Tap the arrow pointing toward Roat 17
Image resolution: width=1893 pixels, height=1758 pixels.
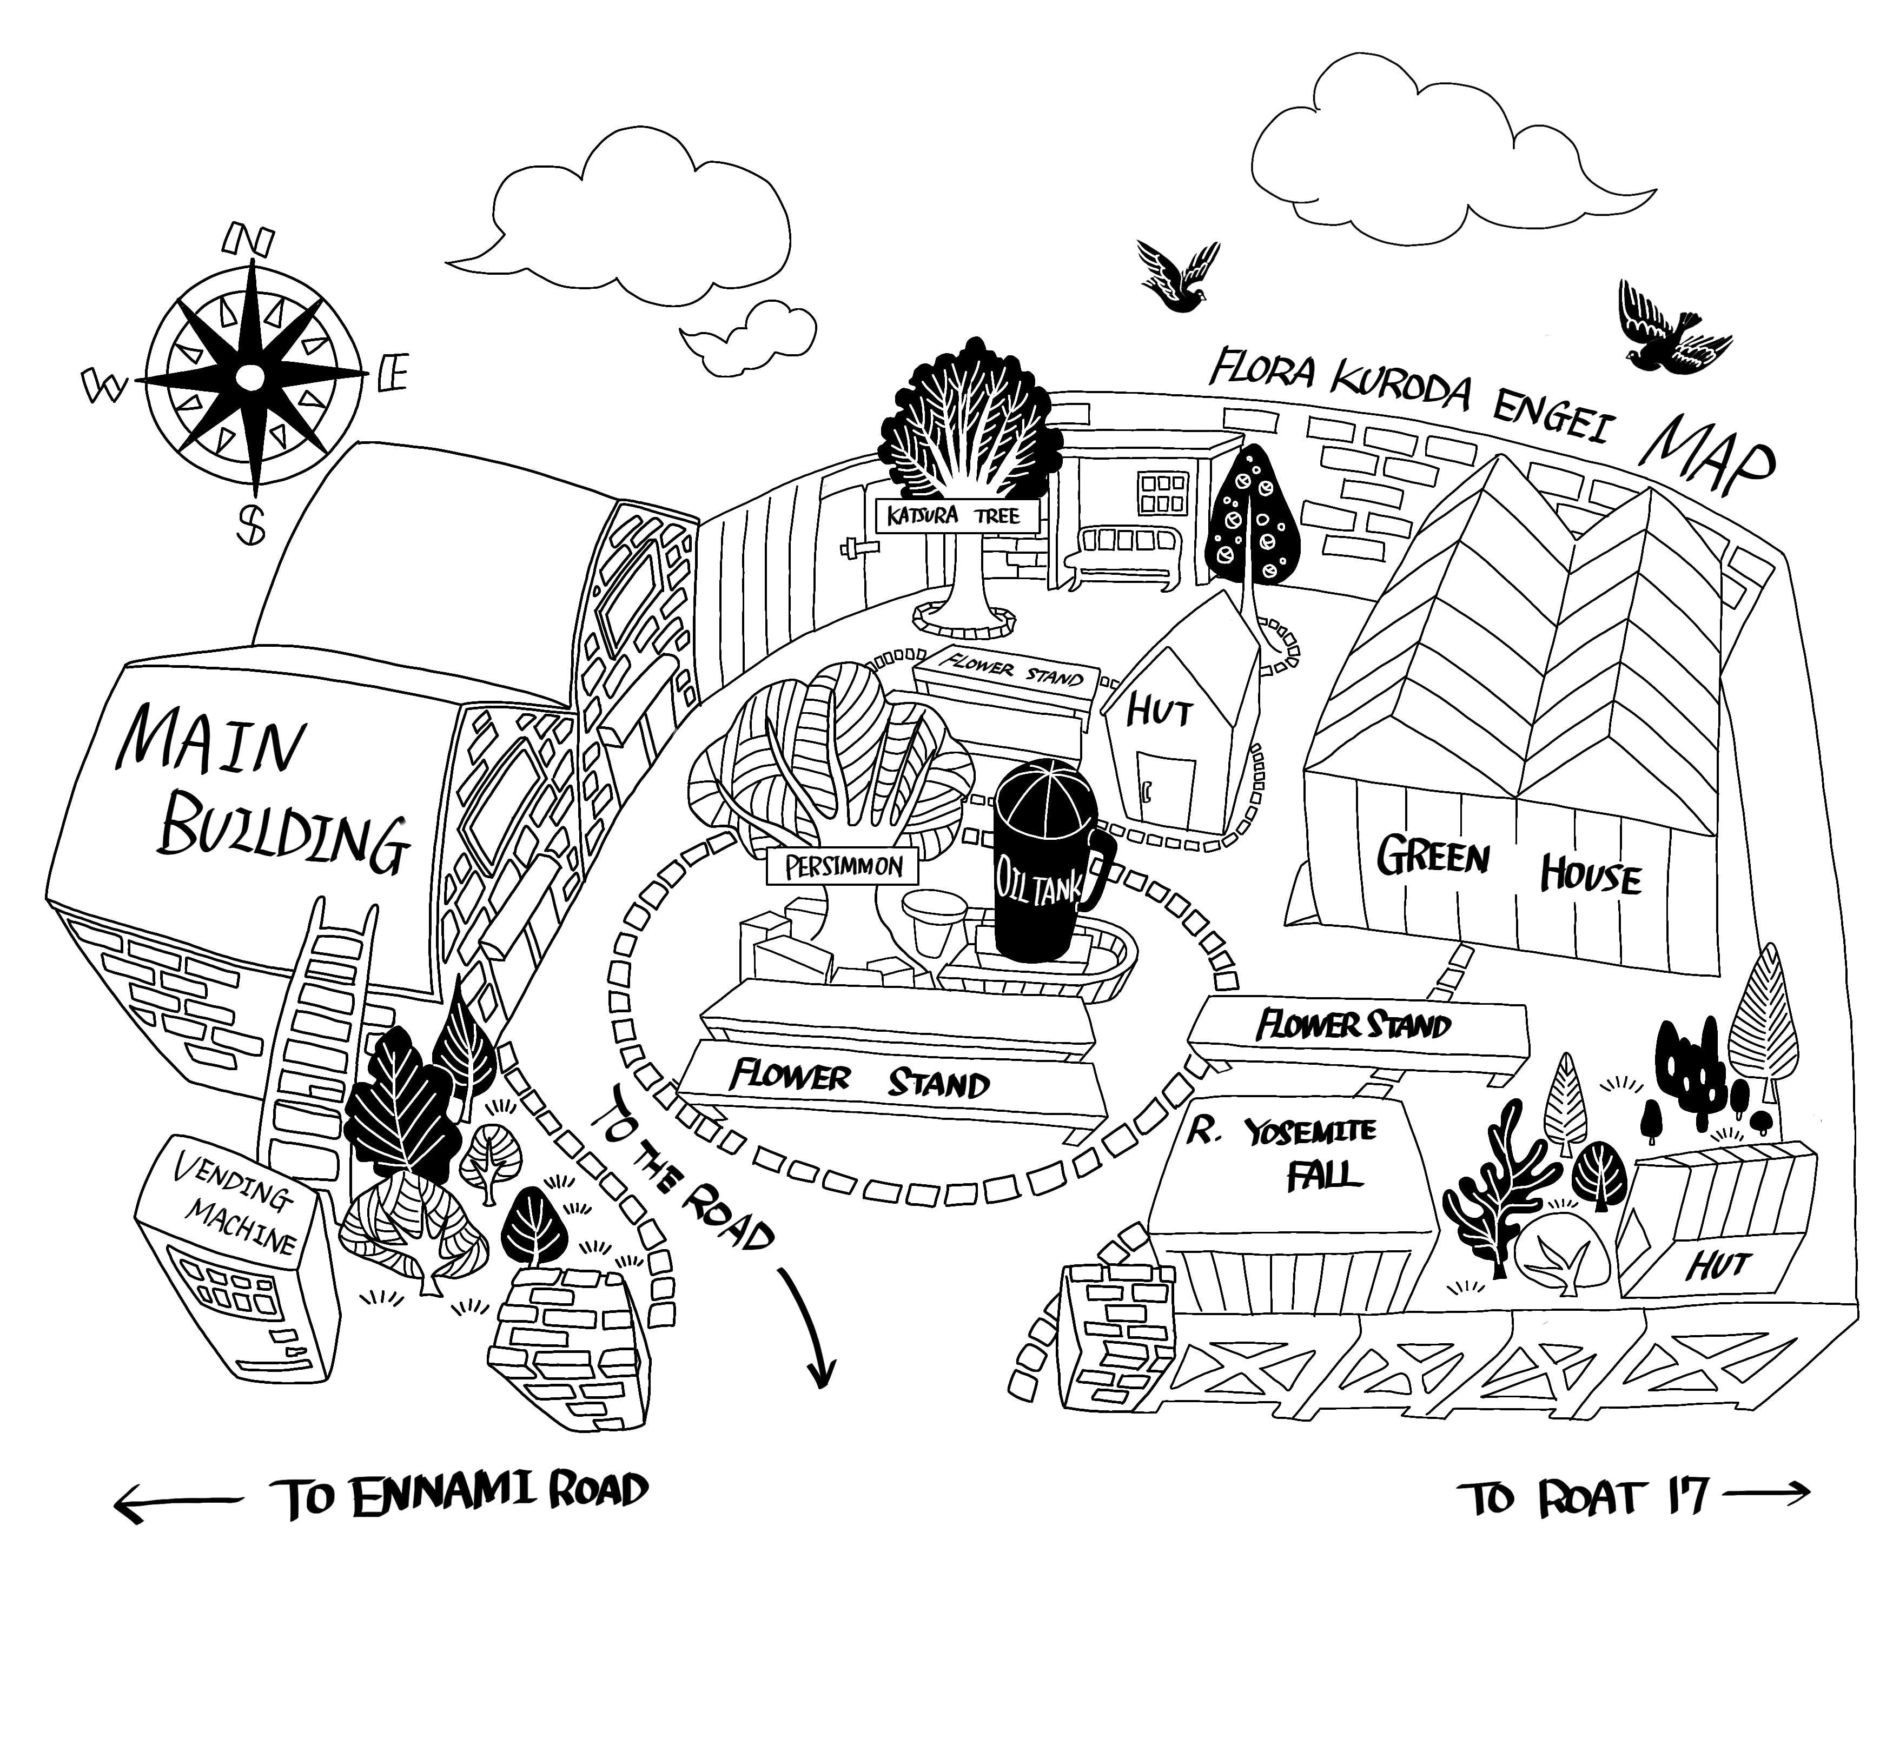point(1765,1495)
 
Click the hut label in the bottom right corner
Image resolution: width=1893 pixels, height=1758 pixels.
point(1718,1265)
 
